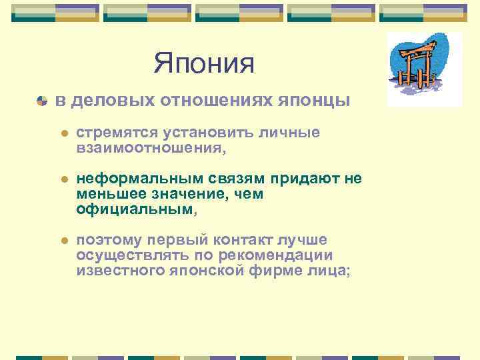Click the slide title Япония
point(204,64)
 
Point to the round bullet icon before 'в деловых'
point(42,101)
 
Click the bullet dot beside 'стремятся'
point(64,134)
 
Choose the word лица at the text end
point(328,270)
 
